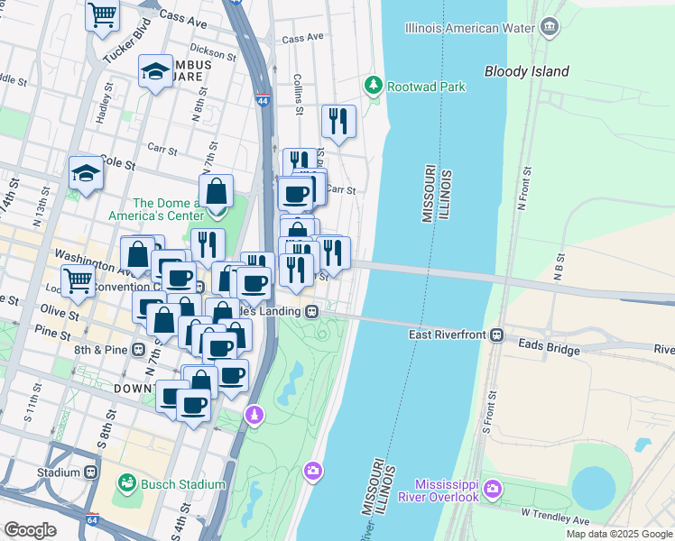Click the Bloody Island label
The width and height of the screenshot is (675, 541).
coord(526,71)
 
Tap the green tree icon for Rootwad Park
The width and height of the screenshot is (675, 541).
coord(373,86)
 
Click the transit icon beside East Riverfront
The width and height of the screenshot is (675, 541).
coord(496,335)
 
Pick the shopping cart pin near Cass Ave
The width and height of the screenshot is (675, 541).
coord(103,14)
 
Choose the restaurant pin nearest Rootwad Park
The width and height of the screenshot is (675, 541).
coord(338,120)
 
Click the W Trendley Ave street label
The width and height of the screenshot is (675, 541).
coord(554,521)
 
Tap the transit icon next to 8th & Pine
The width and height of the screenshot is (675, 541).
coord(139,349)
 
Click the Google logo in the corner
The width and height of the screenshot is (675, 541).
coord(30,530)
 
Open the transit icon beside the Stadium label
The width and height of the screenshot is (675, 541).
coord(91,472)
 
